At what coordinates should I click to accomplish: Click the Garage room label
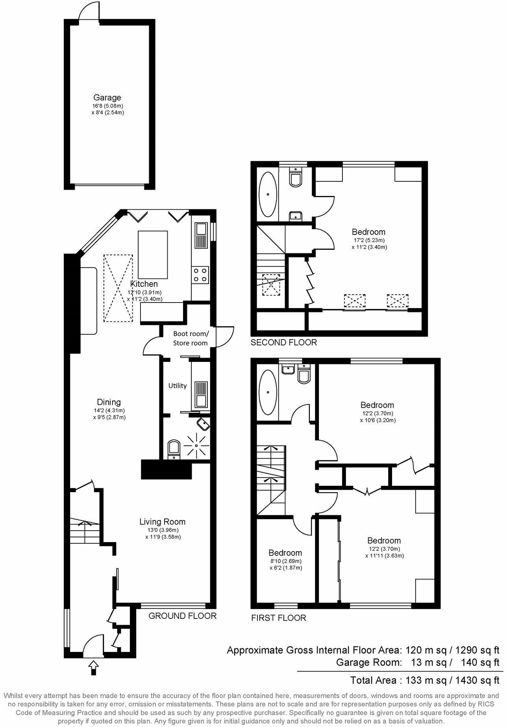[107, 98]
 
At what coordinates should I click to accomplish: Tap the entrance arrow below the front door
[93, 666]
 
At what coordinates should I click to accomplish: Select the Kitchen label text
[144, 284]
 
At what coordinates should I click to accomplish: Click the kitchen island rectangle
[153, 255]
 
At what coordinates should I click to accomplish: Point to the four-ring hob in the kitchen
[200, 274]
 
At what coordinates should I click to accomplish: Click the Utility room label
[178, 386]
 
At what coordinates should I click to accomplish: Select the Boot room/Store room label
[191, 338]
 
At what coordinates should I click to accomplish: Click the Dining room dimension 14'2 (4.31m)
[109, 410]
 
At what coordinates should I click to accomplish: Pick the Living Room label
[162, 522]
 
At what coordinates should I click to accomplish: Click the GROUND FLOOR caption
[182, 616]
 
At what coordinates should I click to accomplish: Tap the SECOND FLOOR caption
[283, 342]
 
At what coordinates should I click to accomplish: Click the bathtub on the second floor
[268, 194]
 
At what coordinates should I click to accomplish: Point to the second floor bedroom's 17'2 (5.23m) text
[368, 240]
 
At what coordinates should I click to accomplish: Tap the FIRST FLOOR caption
[278, 618]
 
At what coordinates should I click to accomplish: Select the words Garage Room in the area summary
[369, 662]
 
